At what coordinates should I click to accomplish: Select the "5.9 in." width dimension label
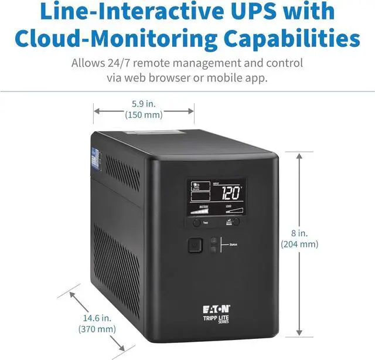click(144, 104)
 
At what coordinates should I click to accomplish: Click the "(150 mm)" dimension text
click(144, 115)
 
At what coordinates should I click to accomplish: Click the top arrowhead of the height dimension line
click(299, 155)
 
